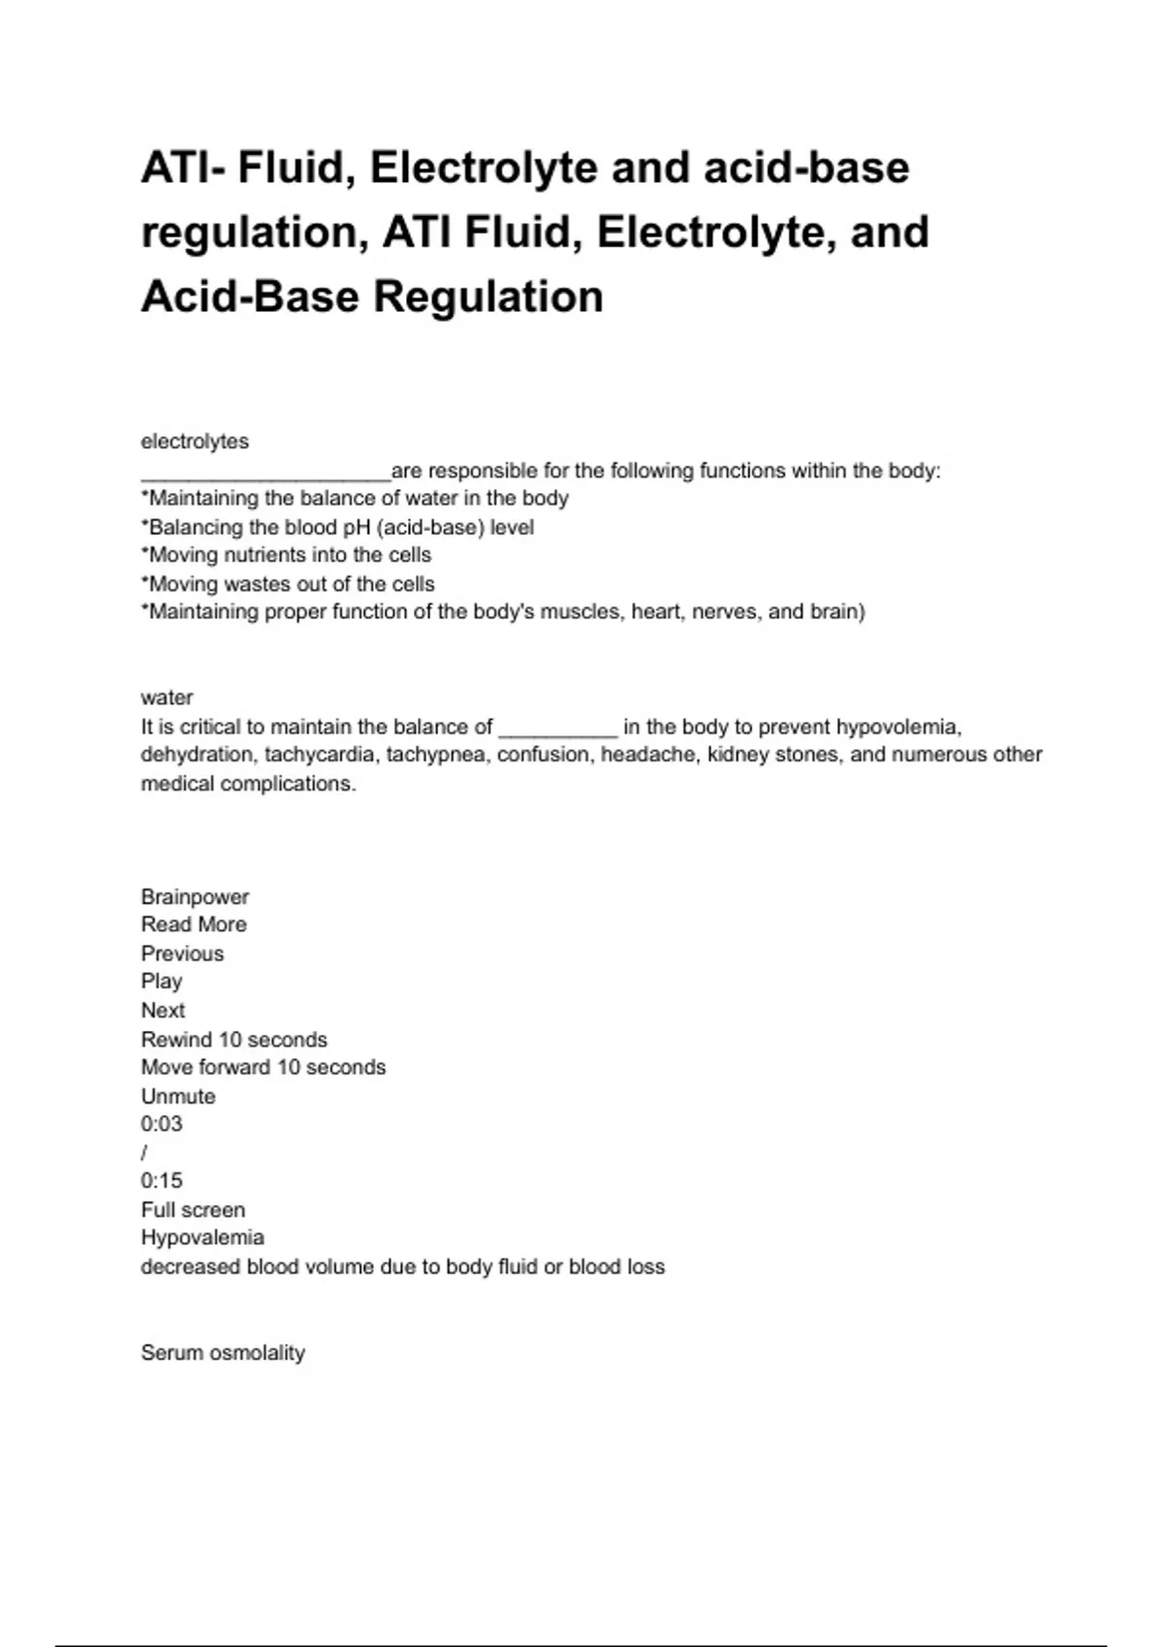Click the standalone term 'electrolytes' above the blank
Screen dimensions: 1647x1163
[x=195, y=442]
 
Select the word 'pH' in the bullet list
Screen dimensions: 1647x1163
[x=356, y=527]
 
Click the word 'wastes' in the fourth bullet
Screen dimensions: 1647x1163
[x=255, y=584]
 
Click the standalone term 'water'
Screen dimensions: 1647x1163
[x=167, y=698]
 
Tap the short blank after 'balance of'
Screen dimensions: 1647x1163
[x=557, y=732]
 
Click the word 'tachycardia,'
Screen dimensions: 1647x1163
[x=319, y=755]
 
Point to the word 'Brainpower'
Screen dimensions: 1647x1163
[x=195, y=897]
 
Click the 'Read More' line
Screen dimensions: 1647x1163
[x=194, y=925]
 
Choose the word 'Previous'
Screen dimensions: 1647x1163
[x=182, y=953]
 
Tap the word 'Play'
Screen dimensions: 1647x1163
[x=162, y=981]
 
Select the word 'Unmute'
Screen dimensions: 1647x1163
[x=178, y=1097]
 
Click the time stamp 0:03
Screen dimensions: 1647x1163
[x=162, y=1125]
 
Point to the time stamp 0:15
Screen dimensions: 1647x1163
[x=162, y=1181]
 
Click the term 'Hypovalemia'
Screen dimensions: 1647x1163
[x=203, y=1238]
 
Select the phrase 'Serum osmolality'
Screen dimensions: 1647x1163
[x=223, y=1353]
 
